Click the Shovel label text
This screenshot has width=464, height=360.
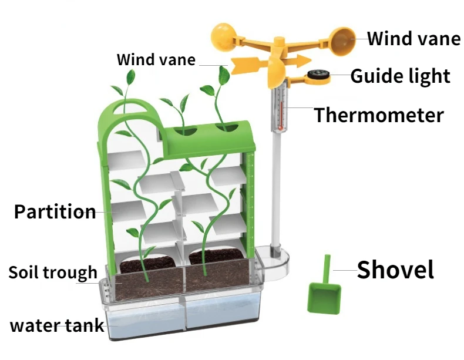[x=395, y=270]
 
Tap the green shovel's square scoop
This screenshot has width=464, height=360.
[x=324, y=297]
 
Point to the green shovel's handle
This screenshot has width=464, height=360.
[x=328, y=267]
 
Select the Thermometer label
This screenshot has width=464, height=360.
[x=379, y=115]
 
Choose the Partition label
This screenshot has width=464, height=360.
[x=55, y=211]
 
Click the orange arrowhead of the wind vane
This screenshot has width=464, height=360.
[x=301, y=60]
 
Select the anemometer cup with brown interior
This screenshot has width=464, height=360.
[x=343, y=40]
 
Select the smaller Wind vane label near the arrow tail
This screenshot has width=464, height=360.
[x=156, y=60]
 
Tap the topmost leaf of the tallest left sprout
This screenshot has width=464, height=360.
[x=131, y=76]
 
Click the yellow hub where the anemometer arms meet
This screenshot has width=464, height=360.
[x=277, y=44]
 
